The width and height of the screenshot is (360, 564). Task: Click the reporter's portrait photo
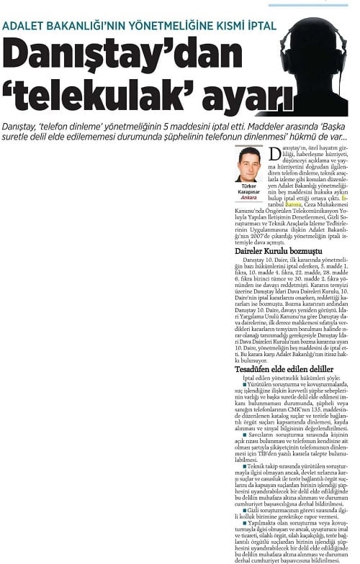click(249, 165)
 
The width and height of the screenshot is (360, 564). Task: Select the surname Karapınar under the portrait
click(249, 192)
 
